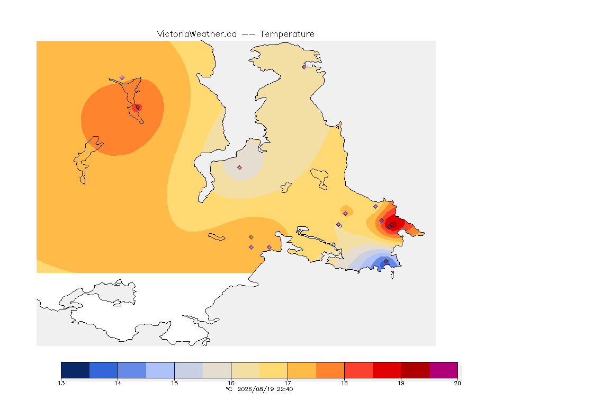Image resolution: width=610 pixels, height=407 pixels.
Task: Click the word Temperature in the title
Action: coord(287,34)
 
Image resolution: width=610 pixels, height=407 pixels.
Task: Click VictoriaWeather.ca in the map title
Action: coord(197,34)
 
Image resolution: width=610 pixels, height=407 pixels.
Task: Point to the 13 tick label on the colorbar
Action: coord(61,383)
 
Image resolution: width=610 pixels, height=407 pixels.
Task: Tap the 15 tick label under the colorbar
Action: coord(174,383)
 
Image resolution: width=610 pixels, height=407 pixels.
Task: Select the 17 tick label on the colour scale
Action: coord(288,383)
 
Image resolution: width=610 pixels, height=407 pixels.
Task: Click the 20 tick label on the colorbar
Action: coord(457,383)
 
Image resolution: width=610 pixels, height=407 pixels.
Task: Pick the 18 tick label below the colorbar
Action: coord(344,383)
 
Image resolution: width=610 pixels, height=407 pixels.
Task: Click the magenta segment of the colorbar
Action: coord(444,370)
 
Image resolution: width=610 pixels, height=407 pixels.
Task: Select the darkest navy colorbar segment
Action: coord(76,370)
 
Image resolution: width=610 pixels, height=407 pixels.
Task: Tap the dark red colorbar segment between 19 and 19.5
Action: coord(415,370)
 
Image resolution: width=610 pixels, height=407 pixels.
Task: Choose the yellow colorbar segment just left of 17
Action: coord(273,370)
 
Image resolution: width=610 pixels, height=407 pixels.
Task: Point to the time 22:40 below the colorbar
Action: coord(285,389)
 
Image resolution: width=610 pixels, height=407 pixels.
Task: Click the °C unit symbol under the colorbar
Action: coord(229,389)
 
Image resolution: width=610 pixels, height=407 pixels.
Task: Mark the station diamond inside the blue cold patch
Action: coord(385,261)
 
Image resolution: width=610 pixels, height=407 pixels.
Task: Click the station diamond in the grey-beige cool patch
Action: coord(240,168)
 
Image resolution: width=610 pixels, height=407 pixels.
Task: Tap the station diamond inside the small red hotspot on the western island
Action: coord(138,107)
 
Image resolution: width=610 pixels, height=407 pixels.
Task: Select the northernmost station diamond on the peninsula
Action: coord(304,67)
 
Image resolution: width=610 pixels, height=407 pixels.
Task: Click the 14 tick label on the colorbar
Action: coord(118,383)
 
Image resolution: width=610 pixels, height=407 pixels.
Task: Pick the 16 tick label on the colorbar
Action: coord(231,383)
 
